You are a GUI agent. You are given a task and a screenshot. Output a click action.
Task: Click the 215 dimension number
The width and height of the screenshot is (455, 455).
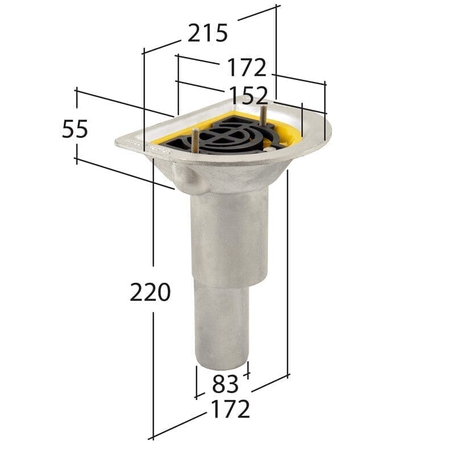208,34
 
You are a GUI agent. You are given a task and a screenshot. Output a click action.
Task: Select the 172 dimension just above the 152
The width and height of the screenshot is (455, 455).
247,68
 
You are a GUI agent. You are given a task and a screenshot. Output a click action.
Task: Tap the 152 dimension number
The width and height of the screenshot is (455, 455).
249,95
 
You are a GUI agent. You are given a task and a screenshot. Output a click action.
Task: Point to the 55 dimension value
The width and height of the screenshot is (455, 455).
75,130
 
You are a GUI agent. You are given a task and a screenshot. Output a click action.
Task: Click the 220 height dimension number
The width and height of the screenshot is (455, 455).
150,293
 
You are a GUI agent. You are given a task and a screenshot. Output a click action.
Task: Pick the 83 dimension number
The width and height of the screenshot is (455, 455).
225,385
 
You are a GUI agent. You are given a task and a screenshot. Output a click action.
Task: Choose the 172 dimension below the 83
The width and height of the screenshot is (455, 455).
230,409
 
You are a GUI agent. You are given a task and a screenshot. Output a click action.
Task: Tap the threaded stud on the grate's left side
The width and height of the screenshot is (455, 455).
194,139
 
